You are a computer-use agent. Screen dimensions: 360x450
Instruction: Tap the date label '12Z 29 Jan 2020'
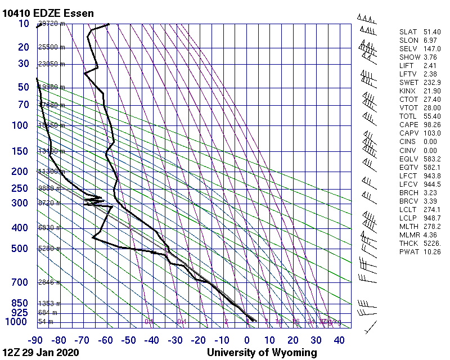[40, 353]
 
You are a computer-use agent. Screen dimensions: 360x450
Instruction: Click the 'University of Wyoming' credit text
[262, 353]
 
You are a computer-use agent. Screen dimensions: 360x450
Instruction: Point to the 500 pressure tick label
[20, 249]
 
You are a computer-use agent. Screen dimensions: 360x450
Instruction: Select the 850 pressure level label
[20, 303]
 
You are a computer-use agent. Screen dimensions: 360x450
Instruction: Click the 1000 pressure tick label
[17, 322]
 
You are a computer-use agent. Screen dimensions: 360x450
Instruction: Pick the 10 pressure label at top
[24, 24]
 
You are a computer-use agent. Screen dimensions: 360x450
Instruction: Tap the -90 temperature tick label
[36, 340]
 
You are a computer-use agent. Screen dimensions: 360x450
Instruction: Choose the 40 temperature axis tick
[339, 340]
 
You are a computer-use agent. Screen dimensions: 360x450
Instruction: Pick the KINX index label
[408, 91]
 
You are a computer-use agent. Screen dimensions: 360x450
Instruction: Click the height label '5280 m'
[51, 249]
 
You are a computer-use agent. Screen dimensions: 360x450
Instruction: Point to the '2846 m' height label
[51, 282]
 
